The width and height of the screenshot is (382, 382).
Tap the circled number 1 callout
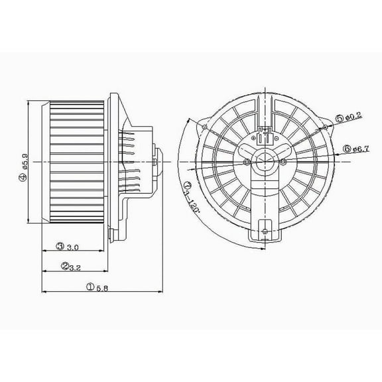(x=89, y=286)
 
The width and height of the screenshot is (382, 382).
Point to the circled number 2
(x=65, y=267)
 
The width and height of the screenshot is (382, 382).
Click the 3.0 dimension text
(x=73, y=247)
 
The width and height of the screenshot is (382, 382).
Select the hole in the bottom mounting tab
(x=264, y=231)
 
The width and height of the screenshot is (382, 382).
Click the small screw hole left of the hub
(x=247, y=161)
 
